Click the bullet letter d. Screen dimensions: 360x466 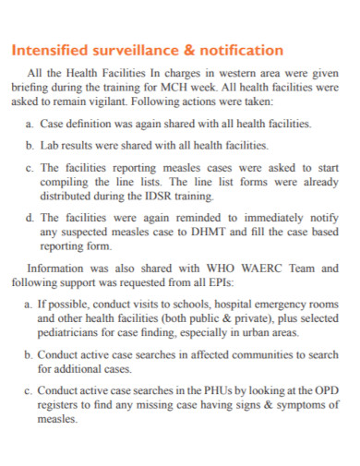(30, 218)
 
